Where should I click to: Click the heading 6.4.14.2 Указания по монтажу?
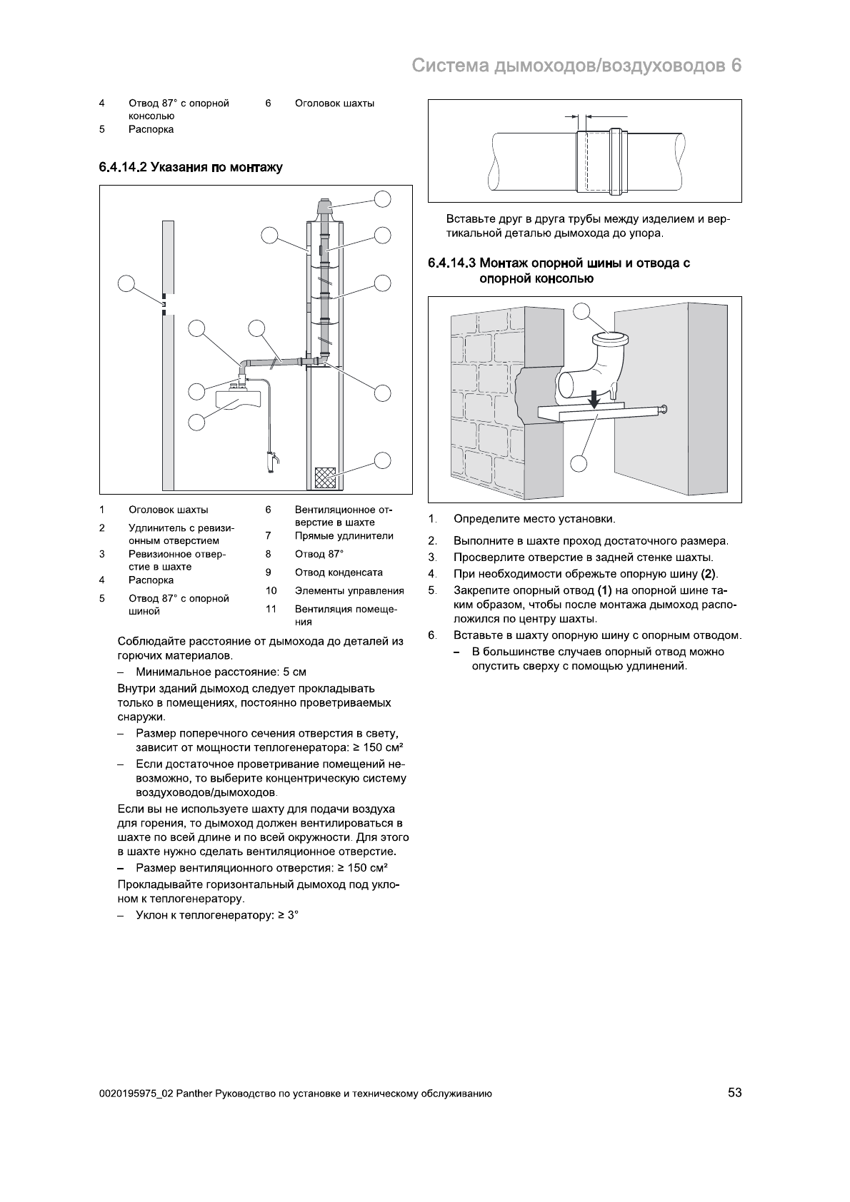coord(191,168)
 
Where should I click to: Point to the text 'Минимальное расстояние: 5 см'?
coord(221,672)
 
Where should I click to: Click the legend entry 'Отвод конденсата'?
coord(339,572)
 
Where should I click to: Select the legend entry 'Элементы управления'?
coord(349,590)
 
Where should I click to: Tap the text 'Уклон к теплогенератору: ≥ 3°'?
coord(216,914)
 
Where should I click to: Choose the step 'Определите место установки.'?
coord(534,519)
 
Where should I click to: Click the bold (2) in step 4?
coord(709,574)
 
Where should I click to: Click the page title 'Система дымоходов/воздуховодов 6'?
coord(576,66)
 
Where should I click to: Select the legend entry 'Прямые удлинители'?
coord(344,536)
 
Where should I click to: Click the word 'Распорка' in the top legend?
coord(151,129)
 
